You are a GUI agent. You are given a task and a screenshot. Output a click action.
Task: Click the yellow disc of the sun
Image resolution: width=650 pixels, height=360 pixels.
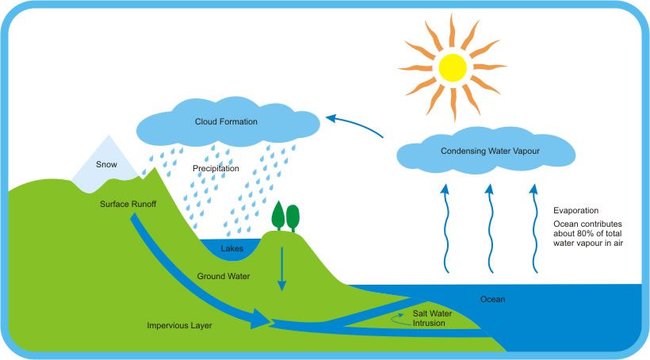pos(453,67)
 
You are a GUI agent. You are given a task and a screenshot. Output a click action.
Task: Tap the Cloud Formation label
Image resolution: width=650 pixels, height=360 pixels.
pos(227,121)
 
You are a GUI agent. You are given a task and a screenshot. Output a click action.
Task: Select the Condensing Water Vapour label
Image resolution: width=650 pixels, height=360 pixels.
pos(485,151)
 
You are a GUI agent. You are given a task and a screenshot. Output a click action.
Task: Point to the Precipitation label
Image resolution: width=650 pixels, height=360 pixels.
pos(216,169)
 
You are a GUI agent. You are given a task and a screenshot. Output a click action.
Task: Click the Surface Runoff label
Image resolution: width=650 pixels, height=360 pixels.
pos(128,204)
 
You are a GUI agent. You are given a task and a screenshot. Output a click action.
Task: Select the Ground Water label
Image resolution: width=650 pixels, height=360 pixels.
pos(224,277)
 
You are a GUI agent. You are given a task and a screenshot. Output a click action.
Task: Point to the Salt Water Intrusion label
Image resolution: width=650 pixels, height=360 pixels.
pos(432,319)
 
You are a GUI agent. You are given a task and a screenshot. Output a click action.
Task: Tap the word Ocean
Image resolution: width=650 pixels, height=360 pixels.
pos(492,299)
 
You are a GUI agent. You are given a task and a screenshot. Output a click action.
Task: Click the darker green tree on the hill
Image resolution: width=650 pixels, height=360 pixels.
pos(278,214)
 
